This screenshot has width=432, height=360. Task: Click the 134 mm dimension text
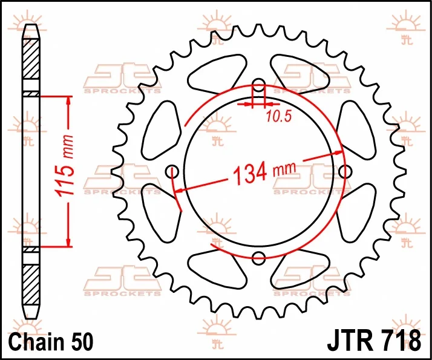click(264, 172)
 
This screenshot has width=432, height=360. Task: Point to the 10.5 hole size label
click(278, 117)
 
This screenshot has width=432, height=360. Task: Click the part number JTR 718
click(374, 341)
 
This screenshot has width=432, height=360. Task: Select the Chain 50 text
click(51, 342)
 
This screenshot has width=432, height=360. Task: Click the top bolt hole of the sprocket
click(259, 85)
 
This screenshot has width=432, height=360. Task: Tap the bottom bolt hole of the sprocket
click(259, 258)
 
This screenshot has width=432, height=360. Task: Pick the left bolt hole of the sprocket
click(172, 172)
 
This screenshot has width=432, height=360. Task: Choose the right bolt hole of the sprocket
click(345, 172)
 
